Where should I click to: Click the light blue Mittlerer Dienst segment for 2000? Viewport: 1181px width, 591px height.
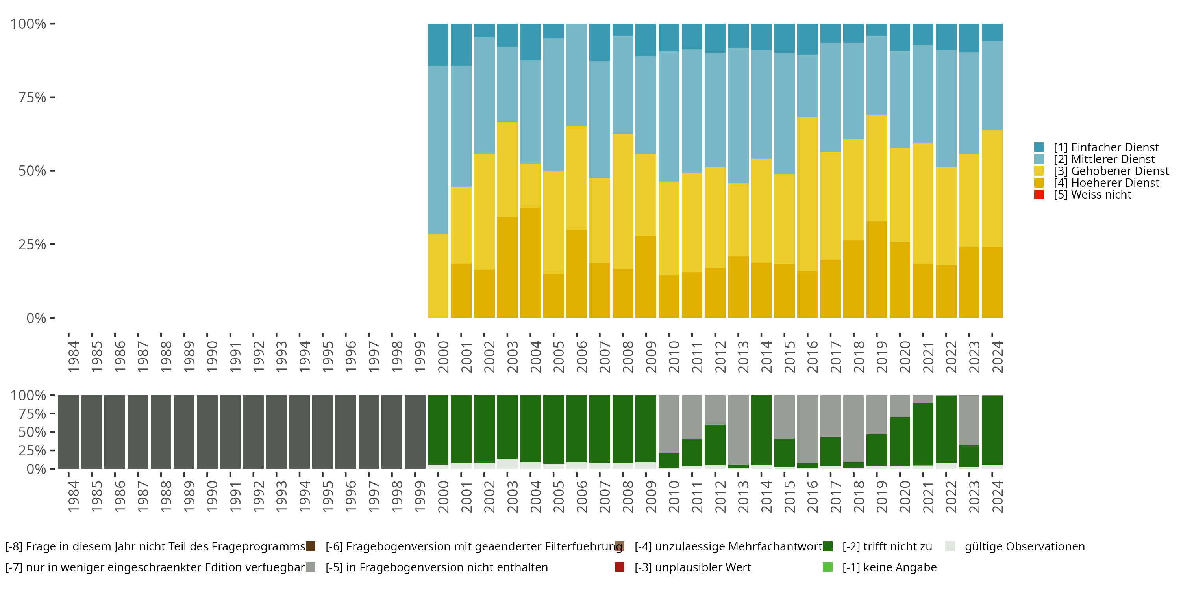point(438,150)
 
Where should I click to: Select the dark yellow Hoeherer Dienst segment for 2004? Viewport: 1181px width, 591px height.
point(530,262)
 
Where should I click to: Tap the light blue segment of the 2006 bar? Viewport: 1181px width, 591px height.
point(576,75)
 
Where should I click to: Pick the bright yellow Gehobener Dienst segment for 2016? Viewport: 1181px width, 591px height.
point(807,193)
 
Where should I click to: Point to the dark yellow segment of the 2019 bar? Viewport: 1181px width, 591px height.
point(876,269)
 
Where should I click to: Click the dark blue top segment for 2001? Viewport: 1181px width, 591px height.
point(461,45)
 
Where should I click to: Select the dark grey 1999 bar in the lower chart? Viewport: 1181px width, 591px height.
point(415,432)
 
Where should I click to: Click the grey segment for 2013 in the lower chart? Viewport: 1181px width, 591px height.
point(738,429)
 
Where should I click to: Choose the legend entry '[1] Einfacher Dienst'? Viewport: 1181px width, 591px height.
point(1105,147)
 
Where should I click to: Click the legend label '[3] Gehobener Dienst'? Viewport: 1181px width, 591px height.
point(1111,171)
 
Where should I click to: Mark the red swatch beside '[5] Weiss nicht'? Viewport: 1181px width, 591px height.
point(1039,195)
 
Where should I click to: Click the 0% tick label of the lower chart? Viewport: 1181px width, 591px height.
point(36,469)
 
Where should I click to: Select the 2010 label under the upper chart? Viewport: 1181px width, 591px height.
point(674,357)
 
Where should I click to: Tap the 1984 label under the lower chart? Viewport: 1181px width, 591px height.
point(73,496)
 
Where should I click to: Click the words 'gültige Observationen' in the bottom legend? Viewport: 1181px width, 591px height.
point(1024,546)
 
